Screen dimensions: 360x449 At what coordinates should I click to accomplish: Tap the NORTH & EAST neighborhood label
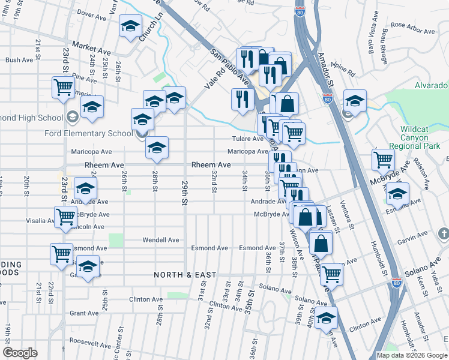click(x=184, y=275)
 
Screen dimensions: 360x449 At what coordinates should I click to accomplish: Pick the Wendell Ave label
click(x=161, y=240)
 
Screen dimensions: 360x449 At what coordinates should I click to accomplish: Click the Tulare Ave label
click(x=249, y=139)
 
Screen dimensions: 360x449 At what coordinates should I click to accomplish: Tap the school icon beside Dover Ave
click(x=130, y=26)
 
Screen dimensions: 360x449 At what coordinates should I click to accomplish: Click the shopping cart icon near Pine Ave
click(x=63, y=88)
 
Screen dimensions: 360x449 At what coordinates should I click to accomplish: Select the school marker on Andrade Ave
click(x=85, y=189)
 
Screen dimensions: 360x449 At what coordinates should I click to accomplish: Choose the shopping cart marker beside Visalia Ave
click(x=65, y=217)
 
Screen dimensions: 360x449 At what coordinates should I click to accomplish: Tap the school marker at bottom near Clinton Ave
click(x=326, y=319)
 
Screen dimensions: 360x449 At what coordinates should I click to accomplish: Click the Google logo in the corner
click(x=20, y=353)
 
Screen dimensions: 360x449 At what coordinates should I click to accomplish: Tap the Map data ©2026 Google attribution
click(x=412, y=355)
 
